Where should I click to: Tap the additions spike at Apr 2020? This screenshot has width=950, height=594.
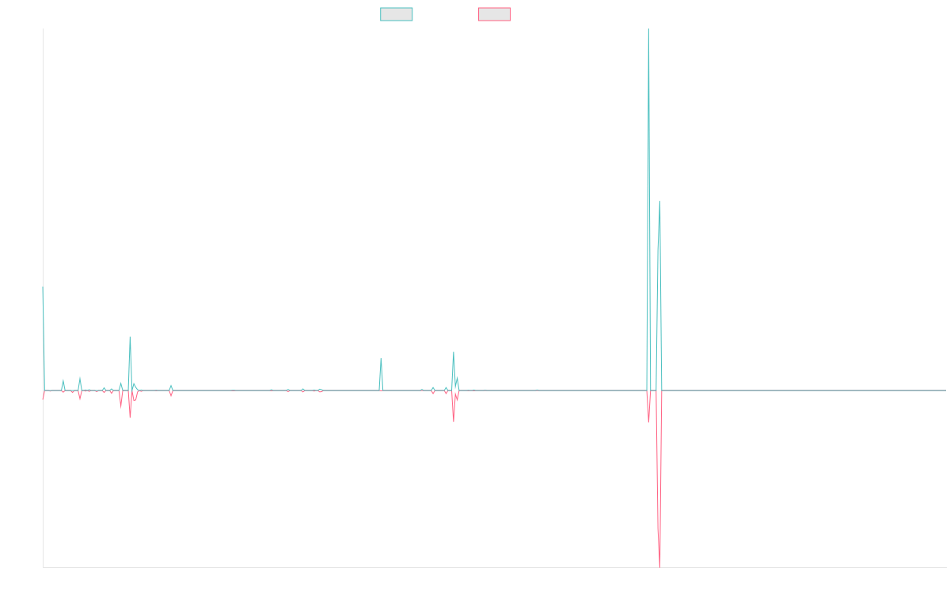381,358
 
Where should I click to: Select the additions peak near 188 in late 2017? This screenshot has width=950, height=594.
130,338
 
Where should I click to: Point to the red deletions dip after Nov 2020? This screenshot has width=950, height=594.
454,421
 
